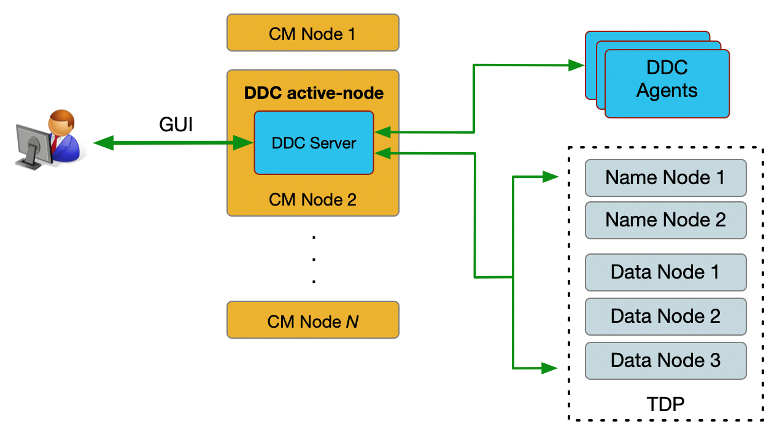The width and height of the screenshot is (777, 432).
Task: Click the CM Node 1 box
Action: [x=312, y=33]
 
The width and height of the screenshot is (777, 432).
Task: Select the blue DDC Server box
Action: [x=314, y=143]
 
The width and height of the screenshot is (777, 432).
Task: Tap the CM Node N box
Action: [x=312, y=320]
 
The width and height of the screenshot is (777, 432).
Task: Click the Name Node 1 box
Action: [x=665, y=177]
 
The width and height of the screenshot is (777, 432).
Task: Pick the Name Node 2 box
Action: [x=665, y=220]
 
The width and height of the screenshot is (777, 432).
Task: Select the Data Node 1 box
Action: [x=665, y=272]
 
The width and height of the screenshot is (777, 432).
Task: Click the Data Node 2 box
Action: [x=665, y=316]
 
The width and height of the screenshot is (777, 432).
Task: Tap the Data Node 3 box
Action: [x=665, y=360]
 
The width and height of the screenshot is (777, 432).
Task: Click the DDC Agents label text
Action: [x=667, y=79]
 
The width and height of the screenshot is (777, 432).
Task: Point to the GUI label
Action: [x=176, y=125]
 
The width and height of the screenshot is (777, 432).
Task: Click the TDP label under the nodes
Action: [x=665, y=404]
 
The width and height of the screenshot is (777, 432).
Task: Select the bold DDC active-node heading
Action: [x=314, y=93]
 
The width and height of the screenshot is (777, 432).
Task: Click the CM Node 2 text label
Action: [x=312, y=199]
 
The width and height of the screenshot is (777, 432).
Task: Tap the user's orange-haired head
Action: [x=61, y=122]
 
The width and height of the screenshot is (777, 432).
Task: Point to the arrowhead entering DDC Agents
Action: [x=576, y=64]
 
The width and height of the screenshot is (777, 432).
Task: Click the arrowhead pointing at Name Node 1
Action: [x=551, y=177]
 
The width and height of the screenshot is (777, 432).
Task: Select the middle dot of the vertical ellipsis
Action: [x=314, y=259]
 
